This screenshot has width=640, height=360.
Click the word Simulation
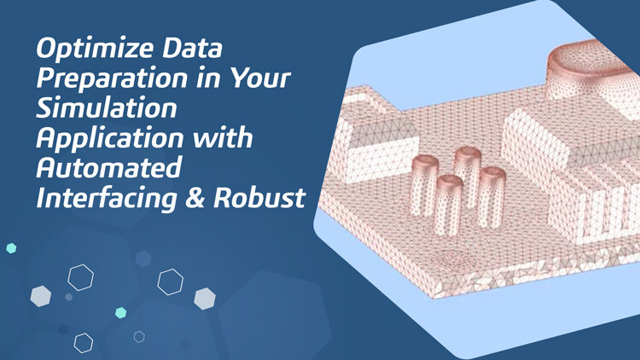[107, 109]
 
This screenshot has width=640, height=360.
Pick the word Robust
[270, 198]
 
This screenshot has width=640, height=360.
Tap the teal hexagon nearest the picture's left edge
[11, 248]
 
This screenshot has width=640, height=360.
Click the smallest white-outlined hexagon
[139, 337]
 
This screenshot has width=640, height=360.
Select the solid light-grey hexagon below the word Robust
[204, 299]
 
